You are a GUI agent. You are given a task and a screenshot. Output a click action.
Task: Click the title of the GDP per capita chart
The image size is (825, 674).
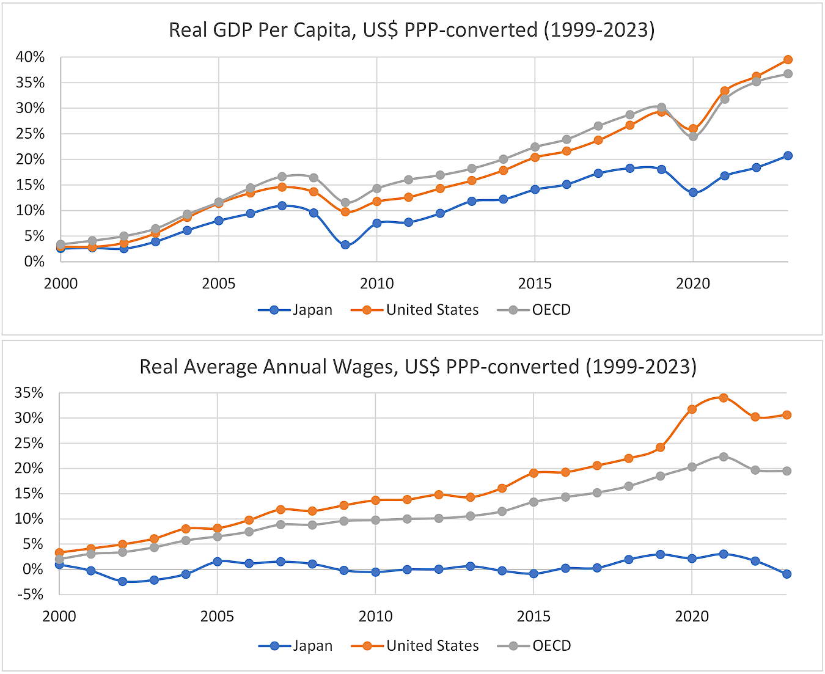(x=411, y=30)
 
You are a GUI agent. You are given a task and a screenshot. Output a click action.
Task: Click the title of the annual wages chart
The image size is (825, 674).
(x=418, y=367)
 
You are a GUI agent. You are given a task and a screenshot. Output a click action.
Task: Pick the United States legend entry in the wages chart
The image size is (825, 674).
(x=415, y=646)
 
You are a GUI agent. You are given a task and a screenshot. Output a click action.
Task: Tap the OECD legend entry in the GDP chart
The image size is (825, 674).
(x=534, y=310)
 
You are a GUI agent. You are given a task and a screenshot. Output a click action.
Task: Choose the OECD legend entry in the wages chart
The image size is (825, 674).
(x=535, y=646)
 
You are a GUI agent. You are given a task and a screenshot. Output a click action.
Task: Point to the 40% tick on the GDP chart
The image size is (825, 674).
(x=31, y=57)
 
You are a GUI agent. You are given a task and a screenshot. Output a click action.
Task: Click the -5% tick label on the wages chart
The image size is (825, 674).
(x=29, y=594)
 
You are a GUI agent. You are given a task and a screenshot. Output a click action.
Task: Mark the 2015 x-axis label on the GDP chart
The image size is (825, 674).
(x=535, y=284)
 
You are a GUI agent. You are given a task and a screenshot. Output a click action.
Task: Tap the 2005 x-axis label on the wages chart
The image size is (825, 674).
(x=217, y=616)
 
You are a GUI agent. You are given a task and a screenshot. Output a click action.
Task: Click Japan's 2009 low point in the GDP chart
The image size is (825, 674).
(x=345, y=245)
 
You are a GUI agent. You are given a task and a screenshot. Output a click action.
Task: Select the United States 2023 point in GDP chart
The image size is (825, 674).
(x=788, y=60)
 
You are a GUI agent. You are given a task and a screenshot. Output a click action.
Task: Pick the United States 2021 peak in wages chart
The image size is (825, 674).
(x=724, y=398)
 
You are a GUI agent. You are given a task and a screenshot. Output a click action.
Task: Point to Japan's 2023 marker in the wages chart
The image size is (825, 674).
(x=787, y=574)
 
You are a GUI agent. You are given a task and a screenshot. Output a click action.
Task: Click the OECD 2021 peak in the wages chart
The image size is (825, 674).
(x=724, y=456)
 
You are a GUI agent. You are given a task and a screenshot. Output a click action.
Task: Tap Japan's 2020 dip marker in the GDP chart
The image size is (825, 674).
(x=693, y=192)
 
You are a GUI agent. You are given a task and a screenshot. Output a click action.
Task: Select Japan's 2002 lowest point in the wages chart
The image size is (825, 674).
(x=122, y=582)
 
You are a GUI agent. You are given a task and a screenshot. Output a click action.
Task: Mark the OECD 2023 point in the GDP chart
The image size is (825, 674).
(x=788, y=74)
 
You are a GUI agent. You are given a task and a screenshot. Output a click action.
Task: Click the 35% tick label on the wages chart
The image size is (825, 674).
(x=29, y=393)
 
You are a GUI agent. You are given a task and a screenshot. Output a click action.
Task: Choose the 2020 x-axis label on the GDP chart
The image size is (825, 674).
(x=693, y=284)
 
